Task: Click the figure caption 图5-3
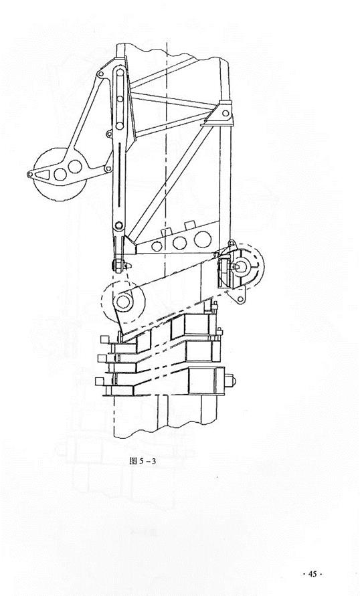143,462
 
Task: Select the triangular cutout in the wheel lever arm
43,175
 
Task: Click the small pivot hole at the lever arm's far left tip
29,174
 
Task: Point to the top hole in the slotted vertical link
120,72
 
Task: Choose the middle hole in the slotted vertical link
120,99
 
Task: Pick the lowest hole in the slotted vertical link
120,126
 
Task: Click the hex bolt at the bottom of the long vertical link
119,225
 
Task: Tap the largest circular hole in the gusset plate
203,239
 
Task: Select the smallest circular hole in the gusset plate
157,246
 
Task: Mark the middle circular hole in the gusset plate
179,243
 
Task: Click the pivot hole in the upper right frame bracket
226,113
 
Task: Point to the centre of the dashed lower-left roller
122,302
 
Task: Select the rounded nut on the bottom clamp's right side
230,381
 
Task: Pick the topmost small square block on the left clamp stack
104,339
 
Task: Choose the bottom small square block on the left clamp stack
100,381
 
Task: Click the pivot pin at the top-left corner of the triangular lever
100,74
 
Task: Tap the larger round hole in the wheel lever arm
75,167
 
